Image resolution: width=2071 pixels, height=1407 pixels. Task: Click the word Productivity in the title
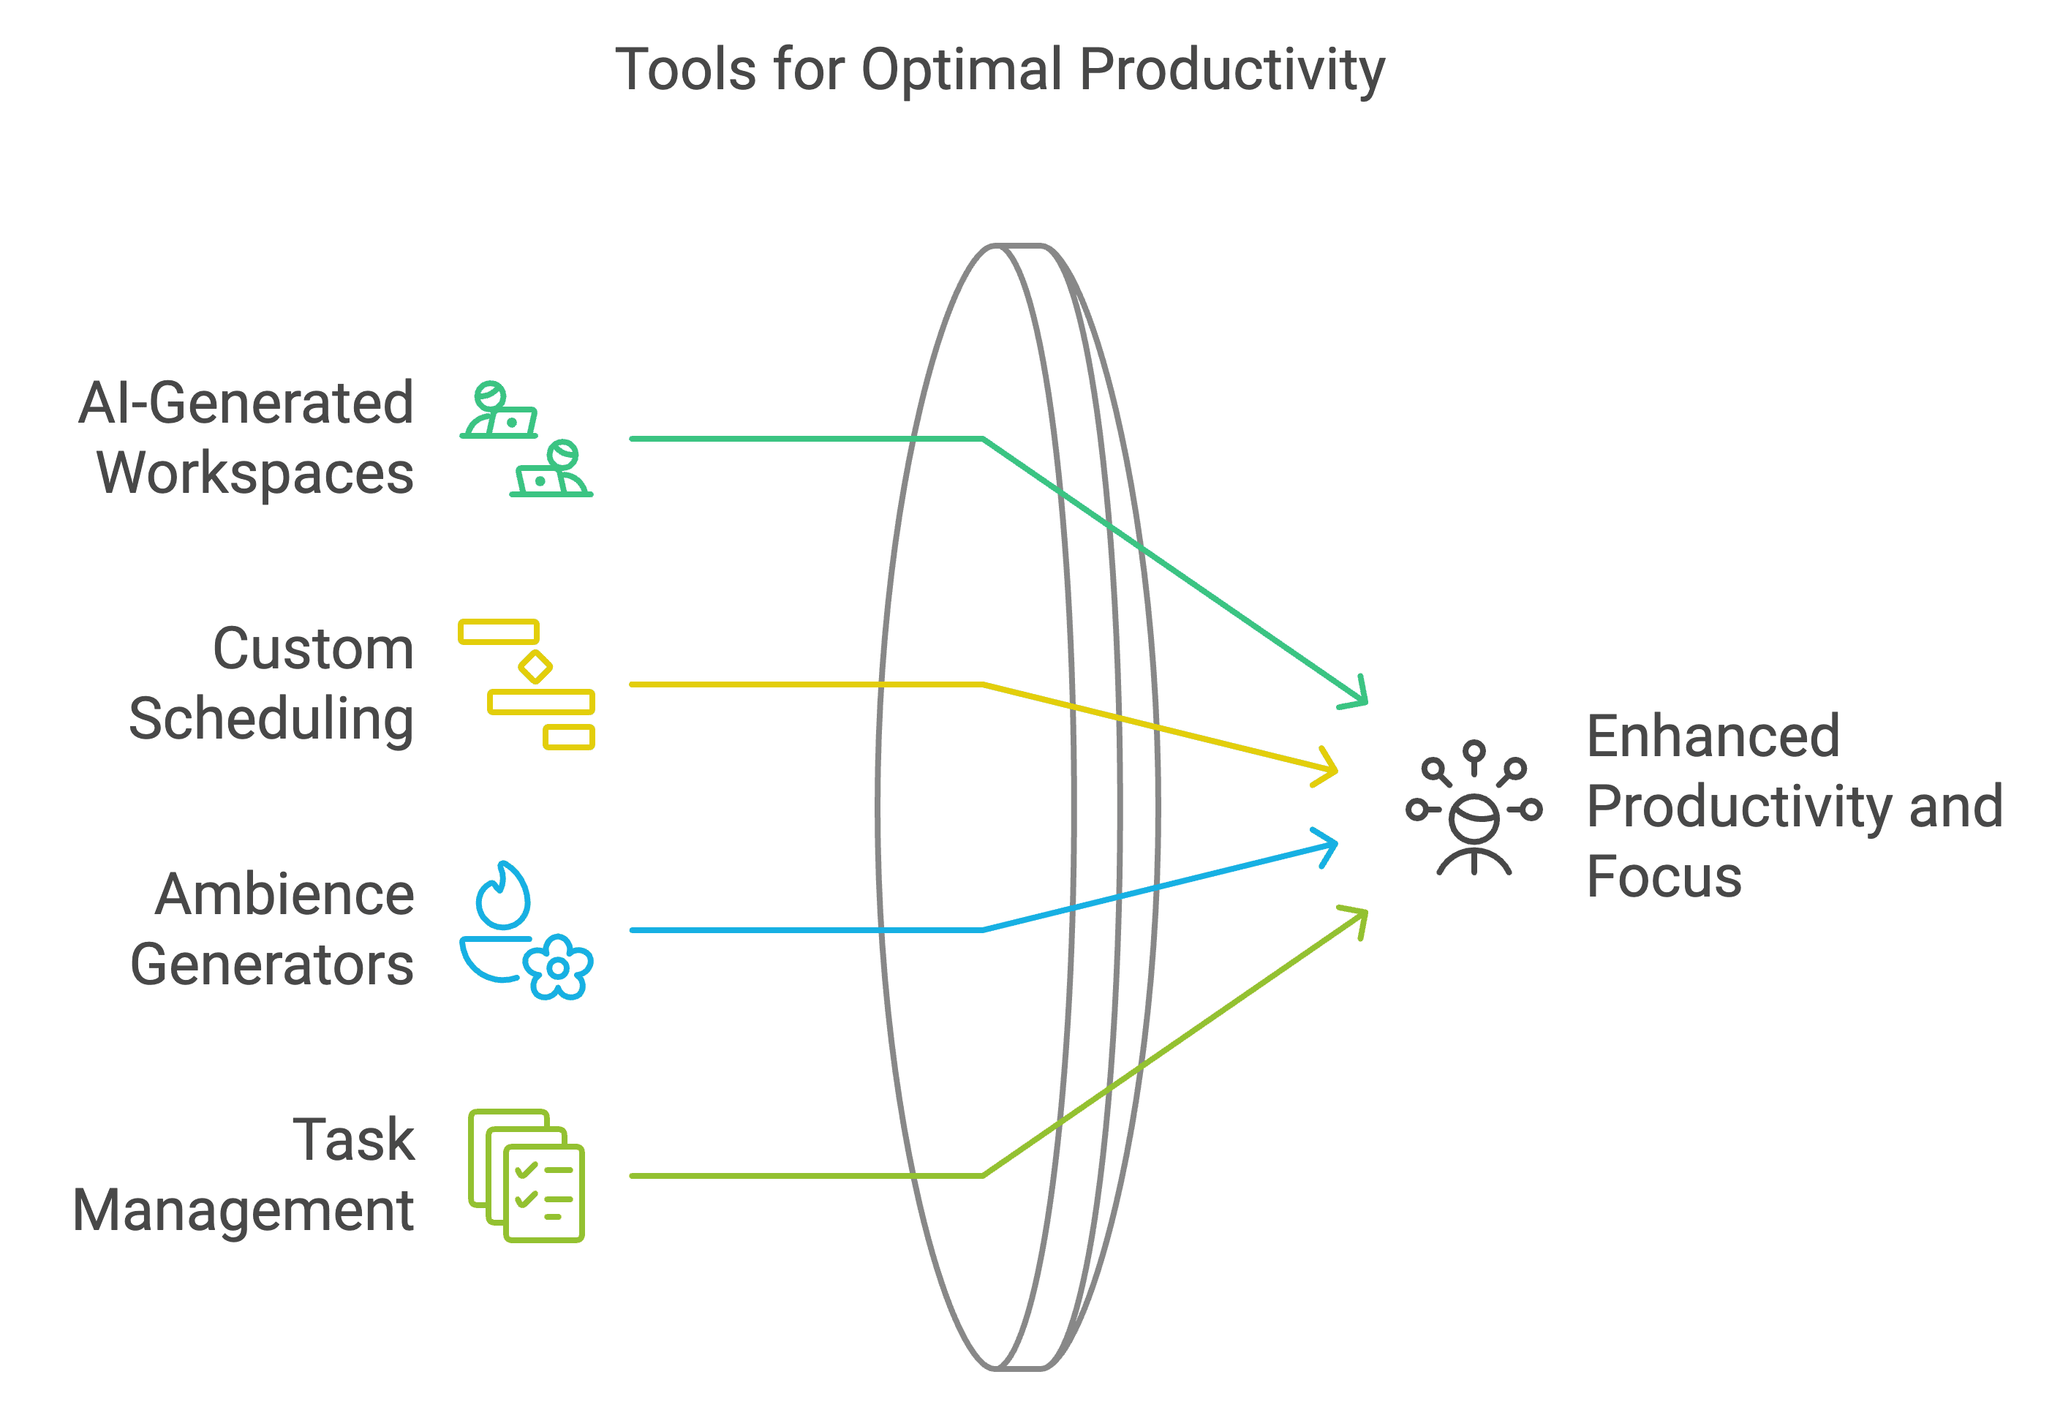tap(1231, 69)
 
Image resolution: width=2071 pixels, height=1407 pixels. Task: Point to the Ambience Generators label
tap(273, 929)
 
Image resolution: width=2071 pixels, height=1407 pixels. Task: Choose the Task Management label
tap(244, 1175)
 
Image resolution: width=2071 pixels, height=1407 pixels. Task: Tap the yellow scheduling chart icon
tap(526, 684)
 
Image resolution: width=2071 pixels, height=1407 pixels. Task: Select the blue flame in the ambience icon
tap(504, 896)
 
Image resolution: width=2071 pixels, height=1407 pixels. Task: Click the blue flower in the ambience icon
tap(558, 967)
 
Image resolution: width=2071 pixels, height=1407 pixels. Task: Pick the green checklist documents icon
tap(526, 1175)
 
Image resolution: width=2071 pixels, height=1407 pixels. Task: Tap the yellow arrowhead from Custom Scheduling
tap(1329, 768)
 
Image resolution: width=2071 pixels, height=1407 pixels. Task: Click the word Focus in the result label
tap(1664, 878)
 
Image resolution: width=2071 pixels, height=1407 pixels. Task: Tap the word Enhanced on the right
tap(1713, 737)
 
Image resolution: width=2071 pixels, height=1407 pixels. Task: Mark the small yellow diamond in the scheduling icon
tap(535, 665)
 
